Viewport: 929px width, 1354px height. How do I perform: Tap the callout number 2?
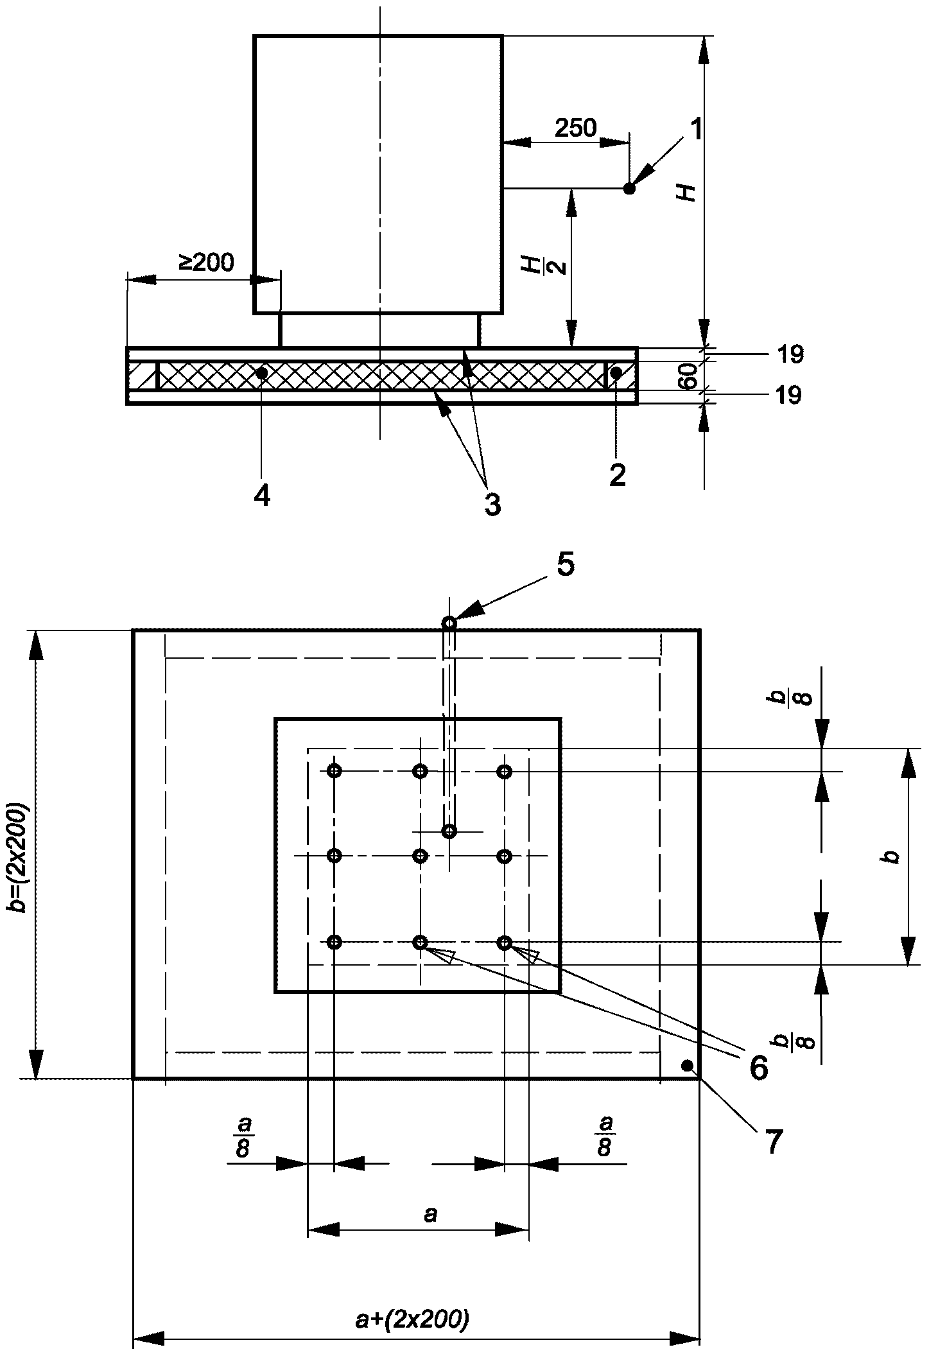617,476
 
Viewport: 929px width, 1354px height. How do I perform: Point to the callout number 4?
261,496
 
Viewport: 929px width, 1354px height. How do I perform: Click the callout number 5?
566,564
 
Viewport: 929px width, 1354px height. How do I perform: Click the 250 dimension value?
575,128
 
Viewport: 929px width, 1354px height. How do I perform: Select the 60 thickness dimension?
688,376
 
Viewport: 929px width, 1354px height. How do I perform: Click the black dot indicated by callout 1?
629,189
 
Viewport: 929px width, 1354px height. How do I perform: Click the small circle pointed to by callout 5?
449,623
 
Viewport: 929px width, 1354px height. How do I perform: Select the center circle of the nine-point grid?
420,856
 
